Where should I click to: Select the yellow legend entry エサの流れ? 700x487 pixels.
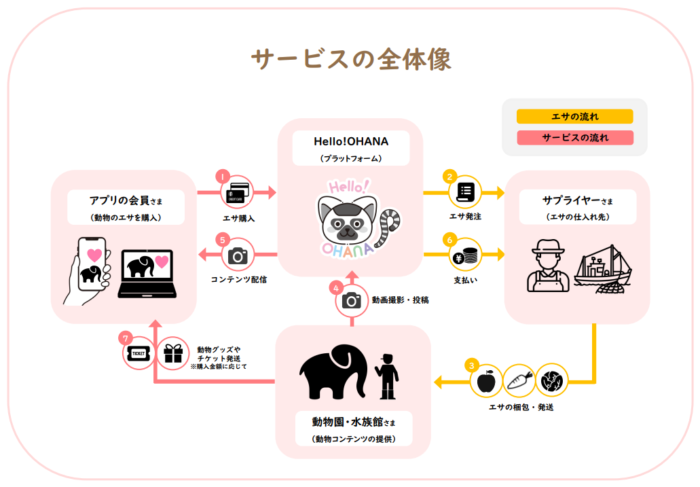[574, 117]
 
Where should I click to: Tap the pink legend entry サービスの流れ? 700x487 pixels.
[574, 138]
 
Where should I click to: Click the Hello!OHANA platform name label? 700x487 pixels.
[351, 141]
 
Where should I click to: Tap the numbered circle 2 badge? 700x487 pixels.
[449, 177]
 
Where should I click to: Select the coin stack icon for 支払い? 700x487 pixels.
[465, 255]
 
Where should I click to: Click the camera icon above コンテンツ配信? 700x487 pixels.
[238, 255]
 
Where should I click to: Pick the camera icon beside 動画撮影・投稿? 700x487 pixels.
[352, 300]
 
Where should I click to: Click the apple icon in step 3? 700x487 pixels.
[487, 381]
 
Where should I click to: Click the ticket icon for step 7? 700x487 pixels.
[139, 354]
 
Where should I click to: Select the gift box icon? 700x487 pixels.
[173, 353]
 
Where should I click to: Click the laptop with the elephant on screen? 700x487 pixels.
[147, 273]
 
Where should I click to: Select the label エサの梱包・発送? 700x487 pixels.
[520, 408]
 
